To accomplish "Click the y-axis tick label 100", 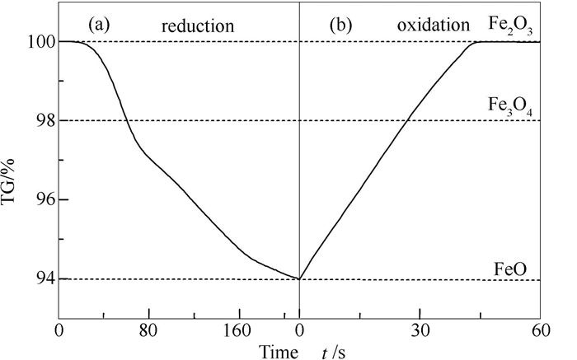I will click(x=39, y=41).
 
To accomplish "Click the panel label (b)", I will click(x=341, y=23).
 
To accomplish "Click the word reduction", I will click(x=199, y=25).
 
